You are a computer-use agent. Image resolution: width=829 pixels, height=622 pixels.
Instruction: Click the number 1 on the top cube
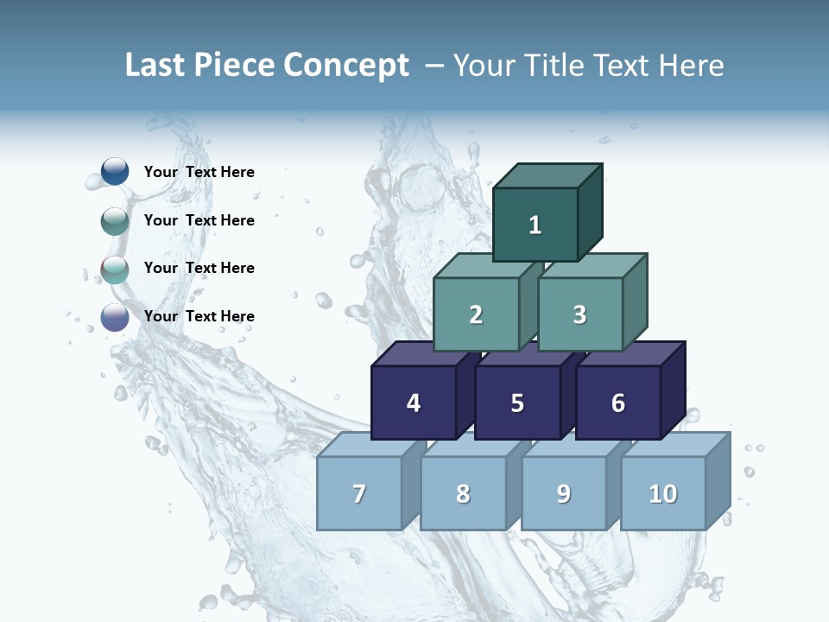click(535, 225)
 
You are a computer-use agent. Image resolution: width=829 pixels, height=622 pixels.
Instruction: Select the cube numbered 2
click(476, 315)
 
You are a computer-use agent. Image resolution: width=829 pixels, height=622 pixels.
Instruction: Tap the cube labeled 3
click(579, 315)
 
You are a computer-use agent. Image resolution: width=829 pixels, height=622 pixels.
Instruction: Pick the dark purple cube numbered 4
click(414, 403)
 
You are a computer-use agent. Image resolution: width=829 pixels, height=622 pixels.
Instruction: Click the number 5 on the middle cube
click(517, 403)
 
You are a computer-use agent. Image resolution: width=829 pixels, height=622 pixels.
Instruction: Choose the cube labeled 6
click(618, 403)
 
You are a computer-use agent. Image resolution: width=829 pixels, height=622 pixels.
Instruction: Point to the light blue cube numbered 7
click(359, 494)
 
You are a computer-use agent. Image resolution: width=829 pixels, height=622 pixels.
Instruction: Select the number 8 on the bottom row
click(463, 494)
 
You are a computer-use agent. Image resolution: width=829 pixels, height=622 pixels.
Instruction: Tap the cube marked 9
click(564, 494)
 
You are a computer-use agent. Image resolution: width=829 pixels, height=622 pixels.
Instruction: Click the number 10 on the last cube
click(663, 494)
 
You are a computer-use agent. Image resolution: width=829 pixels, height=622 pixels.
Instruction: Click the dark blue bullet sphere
click(115, 172)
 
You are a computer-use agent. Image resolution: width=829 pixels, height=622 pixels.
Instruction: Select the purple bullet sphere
click(115, 317)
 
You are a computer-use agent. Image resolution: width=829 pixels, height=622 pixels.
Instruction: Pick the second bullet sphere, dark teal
click(115, 221)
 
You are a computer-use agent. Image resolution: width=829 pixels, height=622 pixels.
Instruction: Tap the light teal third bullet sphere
click(115, 270)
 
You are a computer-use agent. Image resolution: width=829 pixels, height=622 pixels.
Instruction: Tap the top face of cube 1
click(547, 175)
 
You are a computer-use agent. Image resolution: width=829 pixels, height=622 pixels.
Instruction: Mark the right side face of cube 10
click(718, 479)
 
